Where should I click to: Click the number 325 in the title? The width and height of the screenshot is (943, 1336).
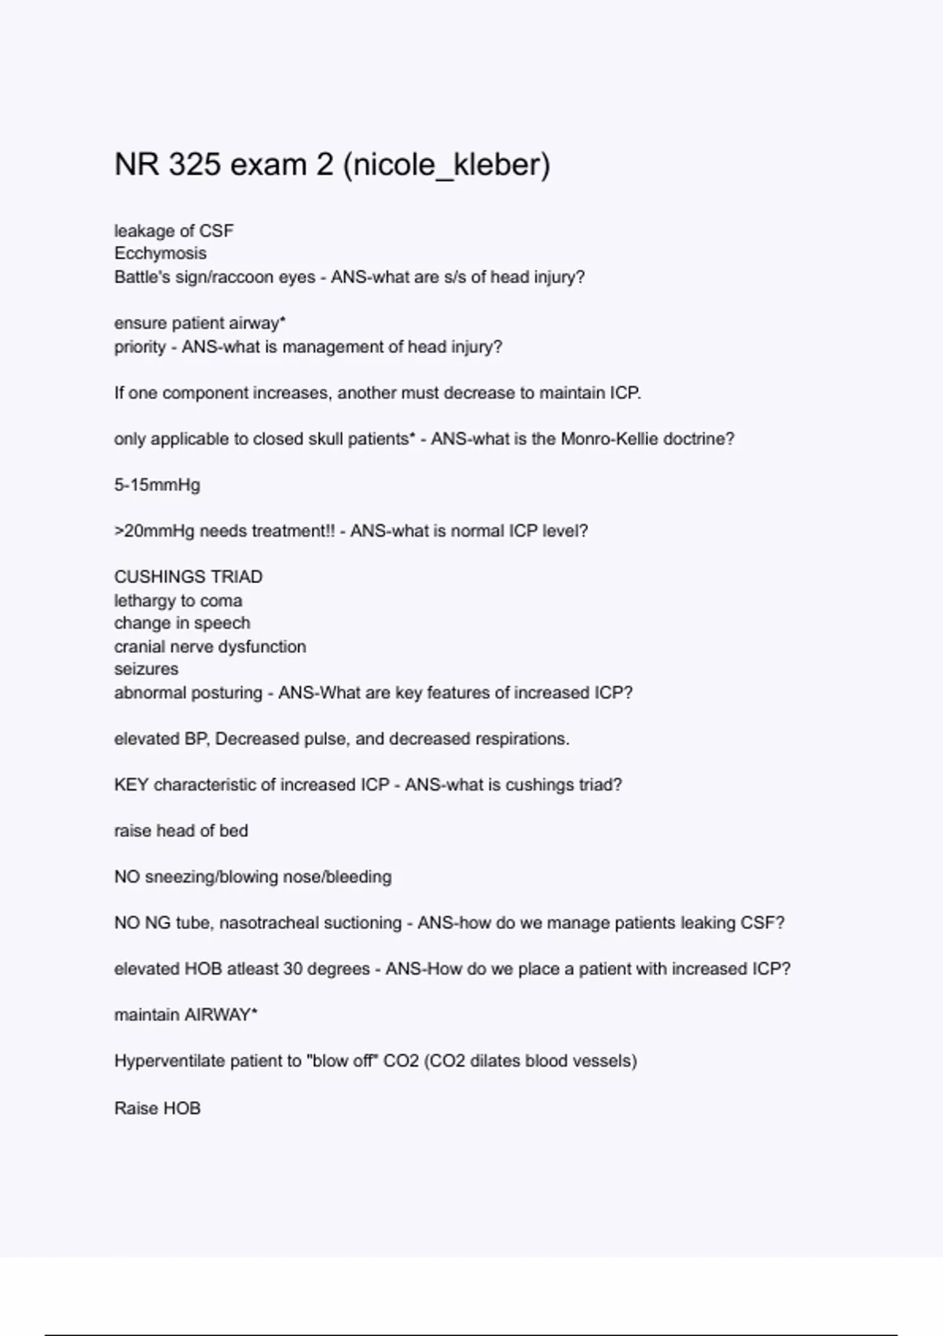tap(194, 165)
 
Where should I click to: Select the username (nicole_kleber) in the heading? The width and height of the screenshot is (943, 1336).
tap(446, 165)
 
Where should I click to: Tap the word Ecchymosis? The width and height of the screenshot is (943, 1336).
tap(160, 254)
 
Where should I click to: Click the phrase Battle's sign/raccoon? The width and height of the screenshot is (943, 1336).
tap(193, 277)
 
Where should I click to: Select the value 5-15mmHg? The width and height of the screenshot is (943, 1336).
tap(157, 486)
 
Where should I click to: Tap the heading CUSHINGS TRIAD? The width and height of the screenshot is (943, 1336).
tap(189, 577)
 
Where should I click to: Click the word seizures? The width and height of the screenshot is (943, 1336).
tap(146, 670)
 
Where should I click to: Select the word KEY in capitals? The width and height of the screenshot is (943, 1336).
tap(131, 785)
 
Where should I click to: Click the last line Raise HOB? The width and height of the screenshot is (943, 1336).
tap(157, 1108)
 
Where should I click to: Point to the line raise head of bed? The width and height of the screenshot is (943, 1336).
tap(181, 831)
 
